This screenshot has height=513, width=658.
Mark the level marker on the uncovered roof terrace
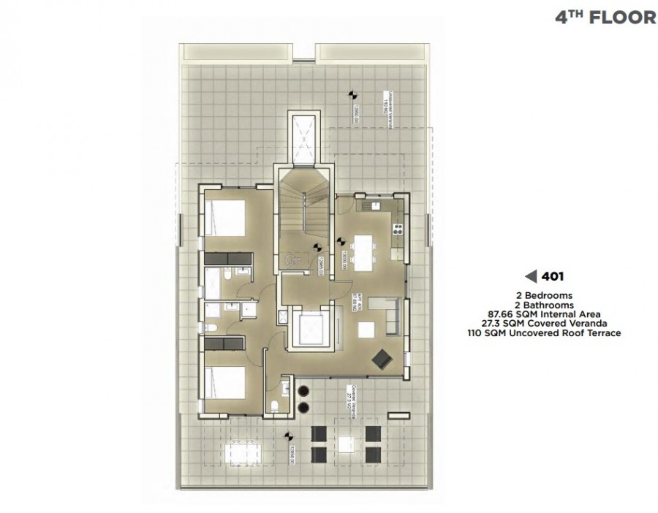(x=350, y=95)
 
